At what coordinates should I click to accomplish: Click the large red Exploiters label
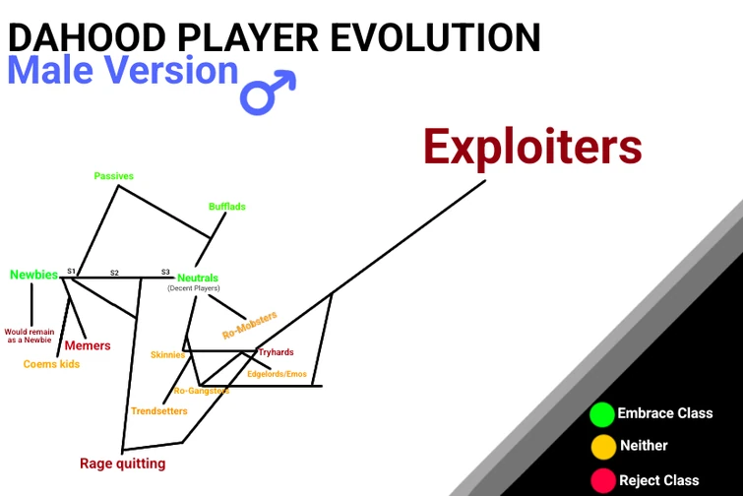[x=532, y=148]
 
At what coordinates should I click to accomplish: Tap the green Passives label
[x=113, y=176]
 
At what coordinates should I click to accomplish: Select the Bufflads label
[x=226, y=207]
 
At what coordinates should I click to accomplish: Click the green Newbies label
[x=33, y=275]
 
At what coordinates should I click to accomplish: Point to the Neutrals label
[x=198, y=278]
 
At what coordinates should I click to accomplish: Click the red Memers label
[x=88, y=345]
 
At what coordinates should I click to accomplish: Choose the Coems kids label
[x=51, y=364]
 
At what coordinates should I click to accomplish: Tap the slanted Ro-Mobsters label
[x=250, y=325]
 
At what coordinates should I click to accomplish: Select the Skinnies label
[x=167, y=354]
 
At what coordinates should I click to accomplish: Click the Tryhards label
[x=276, y=352]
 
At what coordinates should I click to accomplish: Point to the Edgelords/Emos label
[x=277, y=374]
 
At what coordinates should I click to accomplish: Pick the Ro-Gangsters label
[x=201, y=391]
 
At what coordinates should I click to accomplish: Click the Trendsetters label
[x=158, y=410]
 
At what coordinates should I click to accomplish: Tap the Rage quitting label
[x=122, y=464]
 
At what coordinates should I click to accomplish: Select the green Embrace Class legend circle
[x=602, y=414]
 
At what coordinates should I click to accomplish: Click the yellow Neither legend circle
[x=602, y=447]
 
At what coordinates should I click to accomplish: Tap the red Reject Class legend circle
[x=602, y=480]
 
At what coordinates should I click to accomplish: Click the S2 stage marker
[x=114, y=273]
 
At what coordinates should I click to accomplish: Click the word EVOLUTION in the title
[x=435, y=36]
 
